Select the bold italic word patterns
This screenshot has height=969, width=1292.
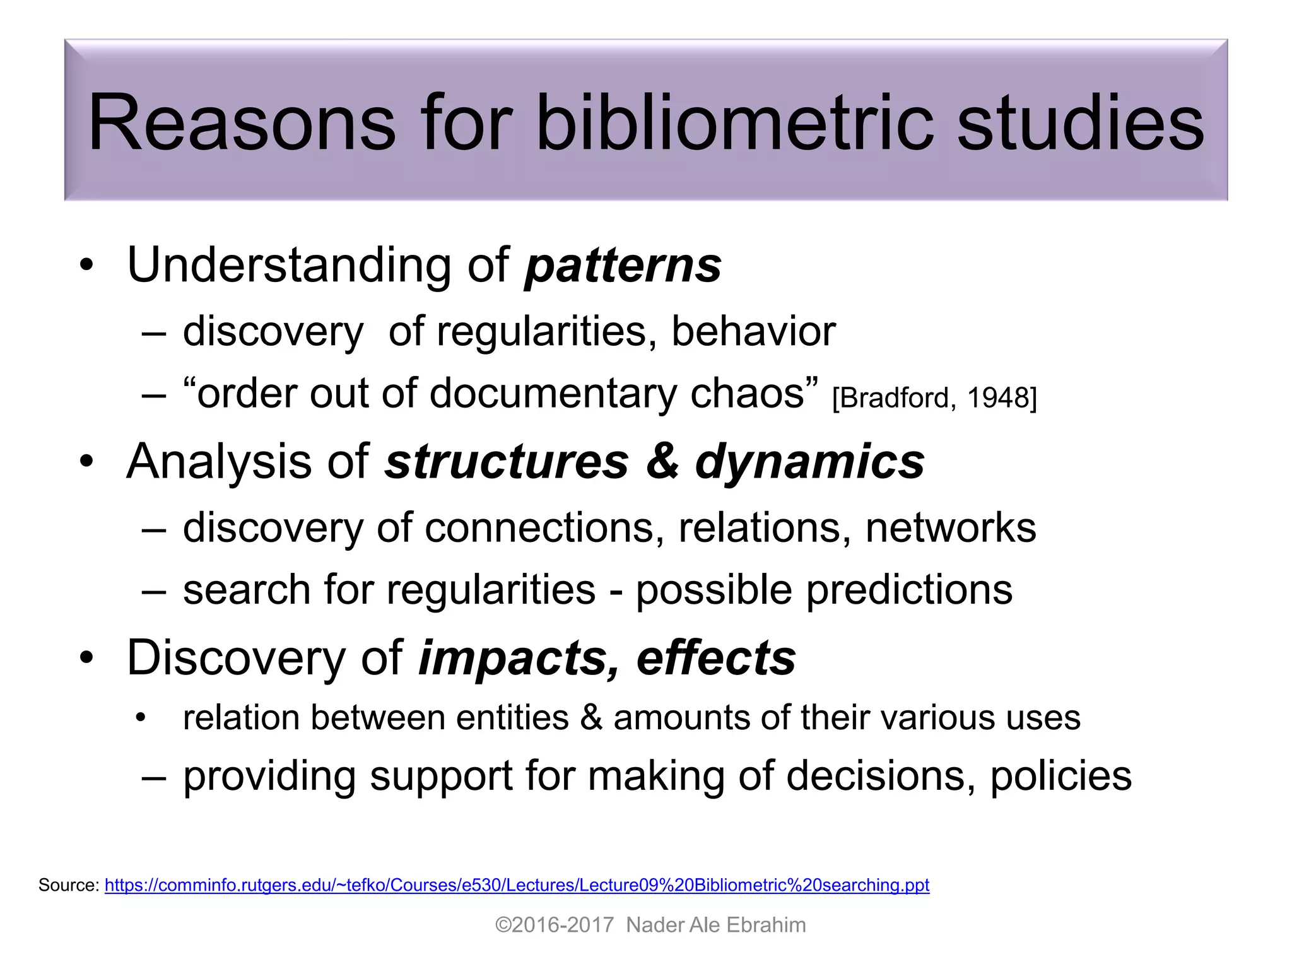[623, 266]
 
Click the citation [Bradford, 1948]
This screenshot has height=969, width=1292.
[934, 398]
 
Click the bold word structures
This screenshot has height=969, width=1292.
[507, 462]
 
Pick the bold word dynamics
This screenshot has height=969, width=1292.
[810, 462]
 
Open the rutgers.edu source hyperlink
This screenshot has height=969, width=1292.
[517, 885]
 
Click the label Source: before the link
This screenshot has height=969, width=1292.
[69, 885]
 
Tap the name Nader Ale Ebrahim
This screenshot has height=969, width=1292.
[715, 925]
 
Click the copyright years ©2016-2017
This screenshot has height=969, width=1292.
[554, 925]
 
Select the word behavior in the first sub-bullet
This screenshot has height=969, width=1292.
[753, 331]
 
